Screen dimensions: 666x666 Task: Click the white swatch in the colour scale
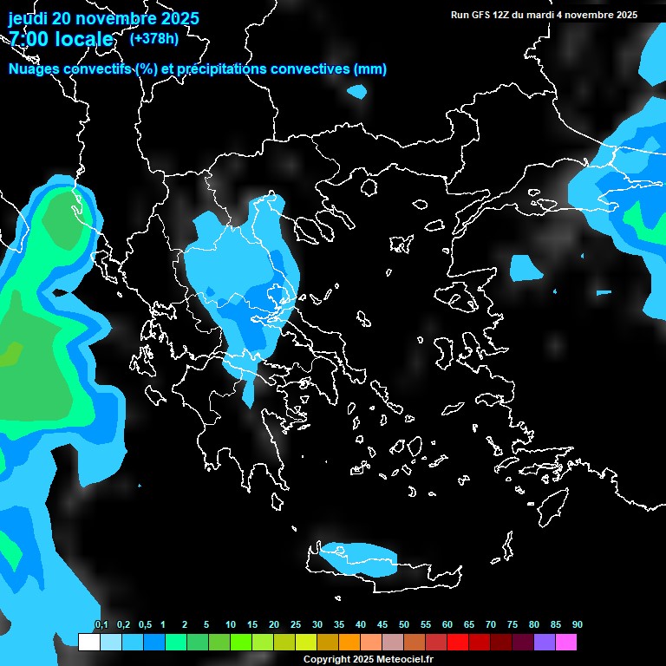coord(88,642)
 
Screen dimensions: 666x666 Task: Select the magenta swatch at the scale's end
coord(566,642)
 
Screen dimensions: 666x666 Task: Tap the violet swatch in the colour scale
coord(545,642)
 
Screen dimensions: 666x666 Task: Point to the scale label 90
coord(578,625)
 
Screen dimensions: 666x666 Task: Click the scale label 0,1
coord(101,625)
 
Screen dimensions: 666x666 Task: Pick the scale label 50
coord(404,625)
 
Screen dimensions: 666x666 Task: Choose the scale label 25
coord(296,625)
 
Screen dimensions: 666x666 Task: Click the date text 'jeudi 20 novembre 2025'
coord(103,18)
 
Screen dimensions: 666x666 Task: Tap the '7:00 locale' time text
coord(61,39)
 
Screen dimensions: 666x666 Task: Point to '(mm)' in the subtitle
coord(369,69)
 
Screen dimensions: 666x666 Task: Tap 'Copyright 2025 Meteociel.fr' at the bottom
coord(368,659)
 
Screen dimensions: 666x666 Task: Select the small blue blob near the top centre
coord(356,90)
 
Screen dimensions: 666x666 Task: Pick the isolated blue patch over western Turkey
coord(526,268)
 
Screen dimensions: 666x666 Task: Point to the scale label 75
coord(513,625)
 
